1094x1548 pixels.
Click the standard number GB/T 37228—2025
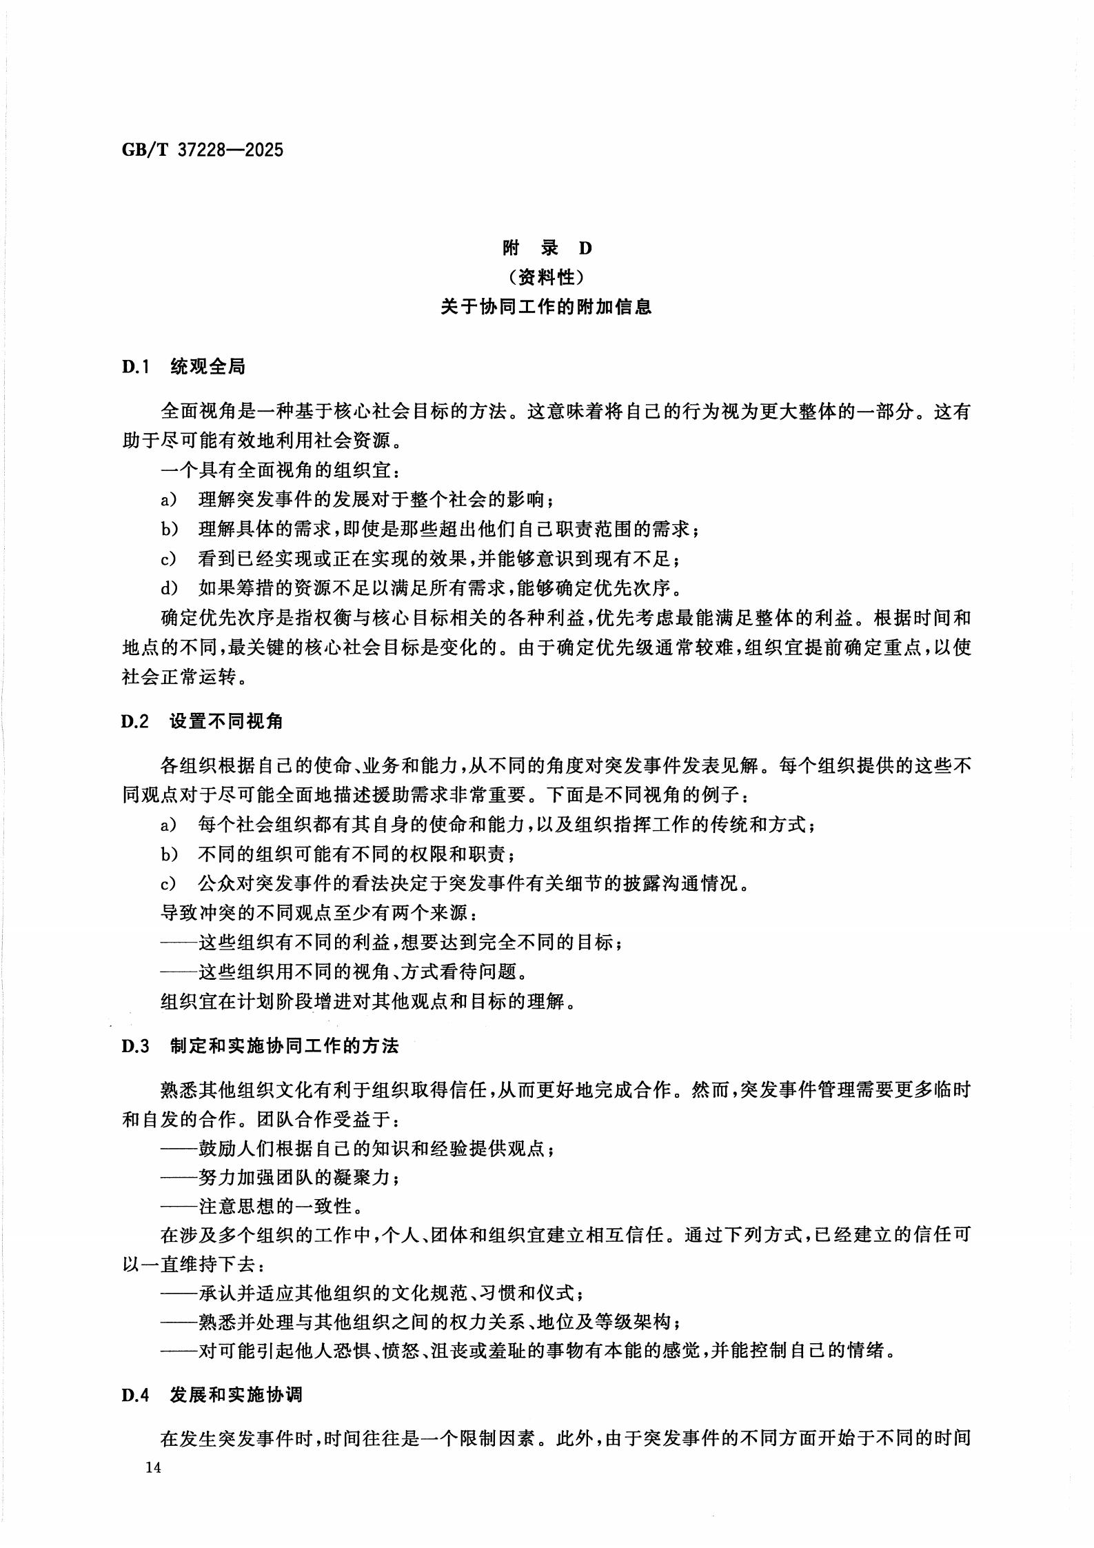click(203, 150)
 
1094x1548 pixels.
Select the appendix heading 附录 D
click(547, 248)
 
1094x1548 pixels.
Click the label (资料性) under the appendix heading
click(547, 277)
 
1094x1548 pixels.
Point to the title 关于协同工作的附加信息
click(547, 307)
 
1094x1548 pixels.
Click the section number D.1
click(136, 368)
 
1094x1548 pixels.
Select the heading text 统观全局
click(207, 368)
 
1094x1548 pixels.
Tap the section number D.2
click(136, 722)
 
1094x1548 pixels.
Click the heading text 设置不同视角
click(227, 722)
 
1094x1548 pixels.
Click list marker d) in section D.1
click(169, 588)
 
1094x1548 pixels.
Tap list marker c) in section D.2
click(169, 884)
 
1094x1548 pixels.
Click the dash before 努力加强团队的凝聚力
click(179, 1178)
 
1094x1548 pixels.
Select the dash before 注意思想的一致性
click(179, 1207)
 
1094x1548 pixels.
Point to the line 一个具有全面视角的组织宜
click(280, 471)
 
